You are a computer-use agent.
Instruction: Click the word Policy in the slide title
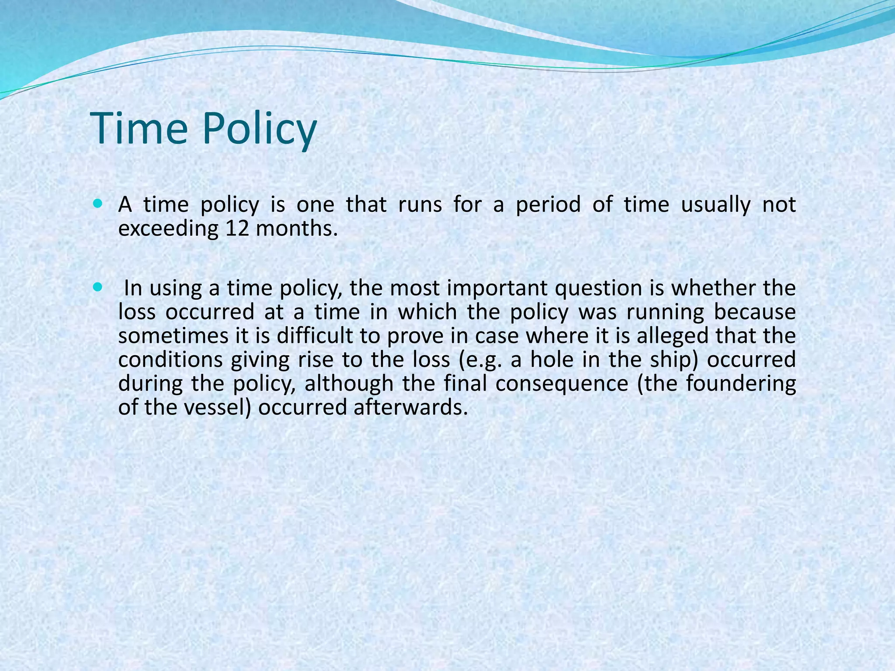pos(259,129)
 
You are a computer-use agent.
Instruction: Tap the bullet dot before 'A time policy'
pos(97,204)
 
